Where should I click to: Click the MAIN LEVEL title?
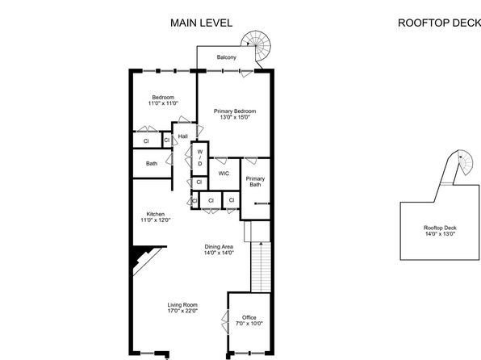click(x=201, y=23)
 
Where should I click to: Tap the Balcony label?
click(x=227, y=57)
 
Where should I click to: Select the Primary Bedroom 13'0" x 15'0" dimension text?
click(x=235, y=117)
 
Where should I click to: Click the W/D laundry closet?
click(x=200, y=158)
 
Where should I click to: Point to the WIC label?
click(x=224, y=174)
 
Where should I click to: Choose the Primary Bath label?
click(x=255, y=182)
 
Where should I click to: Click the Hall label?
click(x=183, y=136)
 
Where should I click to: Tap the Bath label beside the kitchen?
click(x=152, y=164)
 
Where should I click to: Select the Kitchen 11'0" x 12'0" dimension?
click(x=156, y=220)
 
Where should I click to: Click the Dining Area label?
click(x=219, y=247)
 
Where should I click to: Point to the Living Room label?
click(x=182, y=305)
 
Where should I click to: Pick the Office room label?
click(x=249, y=318)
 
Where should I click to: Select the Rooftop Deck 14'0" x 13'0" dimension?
click(x=440, y=234)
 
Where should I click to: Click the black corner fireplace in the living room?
click(x=142, y=255)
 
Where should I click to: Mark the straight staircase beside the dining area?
click(x=261, y=267)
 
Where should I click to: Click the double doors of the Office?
click(x=225, y=322)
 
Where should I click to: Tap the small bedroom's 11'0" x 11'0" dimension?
click(x=163, y=103)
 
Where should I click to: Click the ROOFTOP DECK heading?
click(x=439, y=23)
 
